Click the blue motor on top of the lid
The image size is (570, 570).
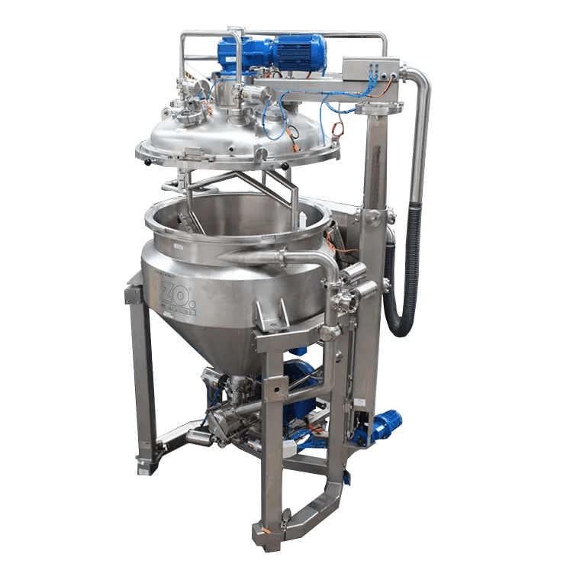pos(299,53)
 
